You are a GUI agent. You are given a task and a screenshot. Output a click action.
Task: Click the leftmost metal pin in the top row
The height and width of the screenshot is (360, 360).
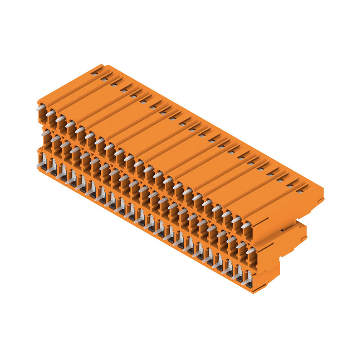point(40,108)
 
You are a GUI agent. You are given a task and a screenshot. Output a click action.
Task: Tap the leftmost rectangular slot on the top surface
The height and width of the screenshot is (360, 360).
point(94,72)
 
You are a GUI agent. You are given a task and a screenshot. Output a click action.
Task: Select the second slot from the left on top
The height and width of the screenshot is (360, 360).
point(104,78)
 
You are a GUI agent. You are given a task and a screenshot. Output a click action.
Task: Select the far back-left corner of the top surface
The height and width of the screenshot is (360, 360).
point(102,65)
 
